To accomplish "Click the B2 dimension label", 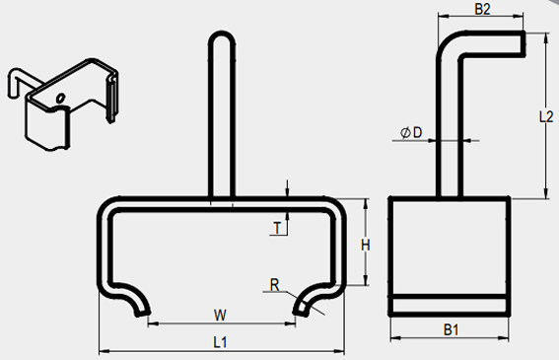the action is pyautogui.click(x=482, y=9).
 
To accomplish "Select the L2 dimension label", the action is pyautogui.click(x=546, y=117).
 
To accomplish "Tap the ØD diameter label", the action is pyautogui.click(x=411, y=133).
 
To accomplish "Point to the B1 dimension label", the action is pyautogui.click(x=451, y=330).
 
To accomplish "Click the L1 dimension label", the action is pyautogui.click(x=220, y=342).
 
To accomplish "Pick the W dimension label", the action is pyautogui.click(x=220, y=315).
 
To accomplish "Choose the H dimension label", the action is pyautogui.click(x=366, y=246).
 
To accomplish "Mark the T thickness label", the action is pyautogui.click(x=277, y=228).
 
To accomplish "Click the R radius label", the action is pyautogui.click(x=274, y=285).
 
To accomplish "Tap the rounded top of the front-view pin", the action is pyautogui.click(x=222, y=36).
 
